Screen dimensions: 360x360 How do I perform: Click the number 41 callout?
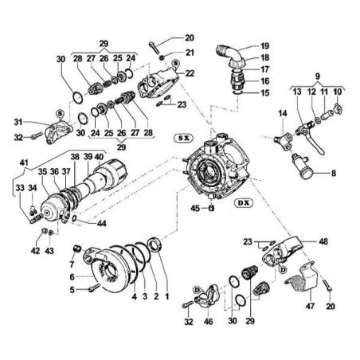coord(22,162)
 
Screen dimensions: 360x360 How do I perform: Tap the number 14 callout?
coord(281,115)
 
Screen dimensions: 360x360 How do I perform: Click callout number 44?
coord(100,225)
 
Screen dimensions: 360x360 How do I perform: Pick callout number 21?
coord(189,53)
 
